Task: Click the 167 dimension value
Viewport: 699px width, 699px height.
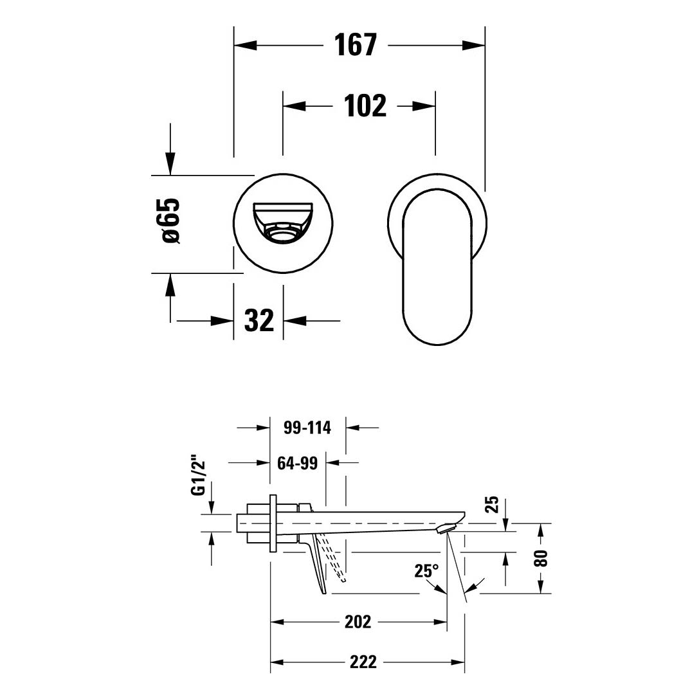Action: tap(356, 44)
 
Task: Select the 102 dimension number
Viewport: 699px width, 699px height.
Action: tap(365, 105)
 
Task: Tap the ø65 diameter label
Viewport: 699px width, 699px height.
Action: tap(172, 220)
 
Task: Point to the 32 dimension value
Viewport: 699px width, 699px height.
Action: tap(259, 320)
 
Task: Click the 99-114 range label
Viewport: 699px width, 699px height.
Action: tap(307, 428)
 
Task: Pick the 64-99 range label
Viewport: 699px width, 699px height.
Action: tap(297, 463)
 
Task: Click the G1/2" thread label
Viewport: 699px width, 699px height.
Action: tap(197, 475)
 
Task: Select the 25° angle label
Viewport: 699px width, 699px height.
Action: tap(426, 570)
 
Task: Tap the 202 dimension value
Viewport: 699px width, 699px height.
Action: tap(358, 621)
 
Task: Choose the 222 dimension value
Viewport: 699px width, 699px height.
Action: tap(363, 662)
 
